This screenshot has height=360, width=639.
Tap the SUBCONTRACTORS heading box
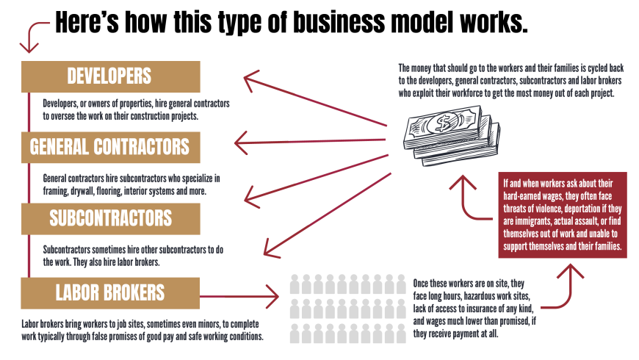click(x=110, y=218)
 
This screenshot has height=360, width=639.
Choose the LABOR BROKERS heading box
click(x=110, y=292)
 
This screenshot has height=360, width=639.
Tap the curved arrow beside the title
click(x=33, y=37)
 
